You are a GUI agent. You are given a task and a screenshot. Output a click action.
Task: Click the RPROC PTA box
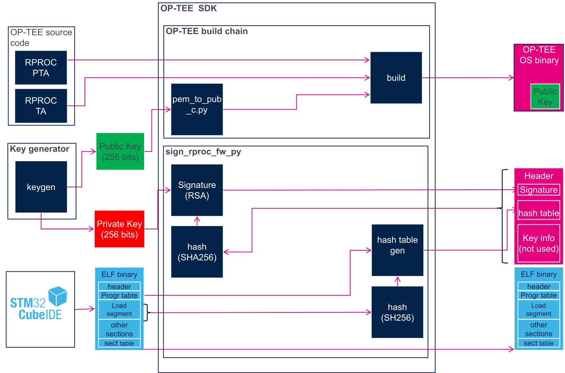point(41,68)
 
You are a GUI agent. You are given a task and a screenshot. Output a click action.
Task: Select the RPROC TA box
point(41,106)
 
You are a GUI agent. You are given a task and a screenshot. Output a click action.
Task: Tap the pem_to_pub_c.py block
point(197,109)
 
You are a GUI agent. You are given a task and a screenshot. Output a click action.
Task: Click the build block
point(396,78)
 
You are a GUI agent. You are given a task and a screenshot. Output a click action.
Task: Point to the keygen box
point(41,187)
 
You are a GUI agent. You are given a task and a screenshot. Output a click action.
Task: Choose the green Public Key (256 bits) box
point(120,151)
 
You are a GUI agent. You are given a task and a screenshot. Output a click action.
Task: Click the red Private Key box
point(119,229)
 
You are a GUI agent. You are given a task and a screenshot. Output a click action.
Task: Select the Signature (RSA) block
point(197,190)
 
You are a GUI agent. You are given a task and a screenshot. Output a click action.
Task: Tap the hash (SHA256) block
point(197,252)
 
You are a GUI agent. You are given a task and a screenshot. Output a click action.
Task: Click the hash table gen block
point(397,250)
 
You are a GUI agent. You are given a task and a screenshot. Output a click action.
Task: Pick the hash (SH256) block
point(397,312)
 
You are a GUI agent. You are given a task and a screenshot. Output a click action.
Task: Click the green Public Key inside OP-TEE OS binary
point(545,96)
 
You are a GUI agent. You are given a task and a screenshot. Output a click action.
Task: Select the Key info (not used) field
point(539,243)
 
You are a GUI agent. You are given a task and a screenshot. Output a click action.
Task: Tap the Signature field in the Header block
point(539,190)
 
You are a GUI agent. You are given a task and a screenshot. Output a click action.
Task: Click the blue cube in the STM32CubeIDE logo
point(57,296)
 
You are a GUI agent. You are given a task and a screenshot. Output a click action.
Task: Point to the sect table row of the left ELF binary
point(119,343)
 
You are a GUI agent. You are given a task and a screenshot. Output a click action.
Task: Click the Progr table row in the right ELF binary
point(539,295)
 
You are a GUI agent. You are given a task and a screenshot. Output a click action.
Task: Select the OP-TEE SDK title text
point(189,8)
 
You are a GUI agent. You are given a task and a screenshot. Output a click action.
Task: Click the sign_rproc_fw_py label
point(203,152)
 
